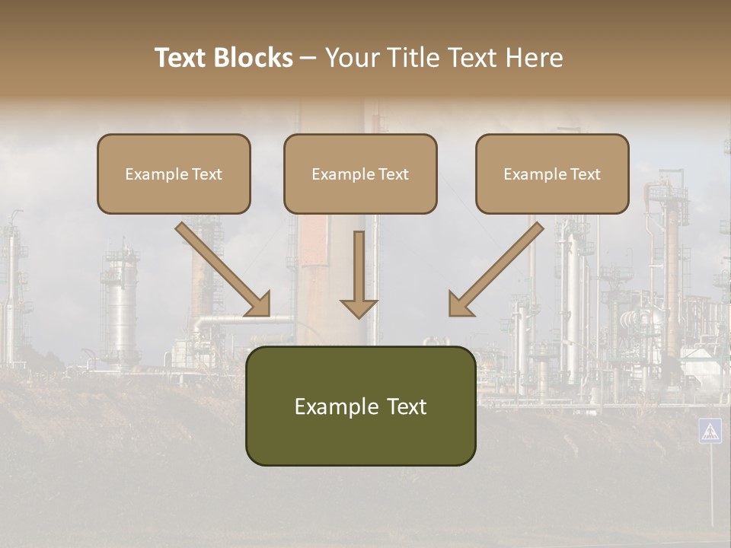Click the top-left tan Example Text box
click(174, 174)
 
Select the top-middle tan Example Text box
click(360, 174)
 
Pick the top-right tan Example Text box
click(552, 174)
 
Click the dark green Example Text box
click(360, 406)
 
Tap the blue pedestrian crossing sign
click(710, 431)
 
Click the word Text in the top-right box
click(586, 174)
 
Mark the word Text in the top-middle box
click(394, 174)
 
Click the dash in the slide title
click(309, 58)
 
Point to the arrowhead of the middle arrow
click(359, 307)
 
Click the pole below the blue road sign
click(711, 487)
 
